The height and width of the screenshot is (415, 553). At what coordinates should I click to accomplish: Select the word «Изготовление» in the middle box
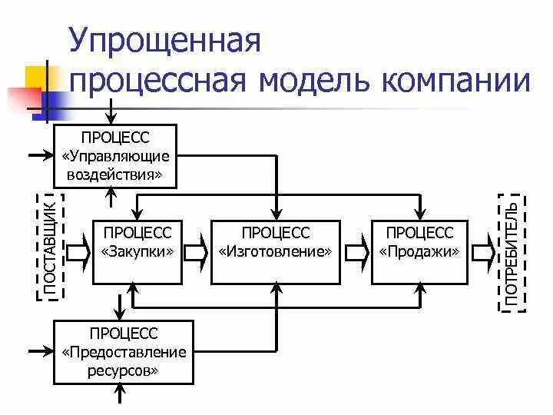tap(276, 251)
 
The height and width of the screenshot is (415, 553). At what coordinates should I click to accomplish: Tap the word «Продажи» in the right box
tap(419, 251)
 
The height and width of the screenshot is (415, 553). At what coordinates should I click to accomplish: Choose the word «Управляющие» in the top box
tap(114, 155)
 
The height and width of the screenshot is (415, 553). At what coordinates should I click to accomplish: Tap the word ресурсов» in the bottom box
tap(124, 369)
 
